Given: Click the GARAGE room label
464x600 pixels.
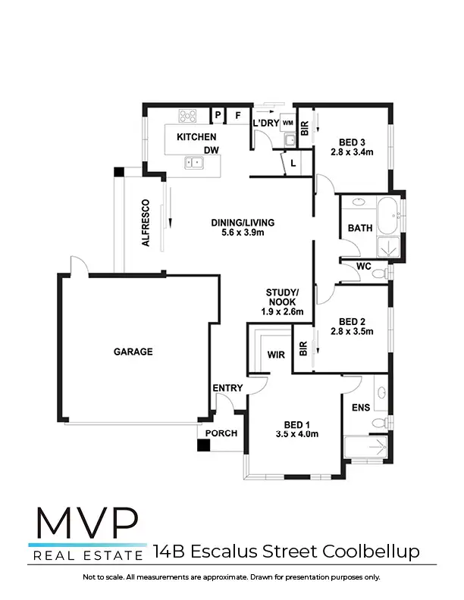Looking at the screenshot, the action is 133,352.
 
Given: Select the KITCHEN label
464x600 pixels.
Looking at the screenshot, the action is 196,137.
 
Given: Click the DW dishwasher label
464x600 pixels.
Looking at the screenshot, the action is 211,150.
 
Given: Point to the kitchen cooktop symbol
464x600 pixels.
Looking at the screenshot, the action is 187,117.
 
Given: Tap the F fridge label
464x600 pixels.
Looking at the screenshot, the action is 237,116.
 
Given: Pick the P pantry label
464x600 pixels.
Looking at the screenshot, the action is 218,116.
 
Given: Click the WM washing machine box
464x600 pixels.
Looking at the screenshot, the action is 288,122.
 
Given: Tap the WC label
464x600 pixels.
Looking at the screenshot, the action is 363,267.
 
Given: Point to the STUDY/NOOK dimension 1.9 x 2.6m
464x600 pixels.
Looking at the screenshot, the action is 283,311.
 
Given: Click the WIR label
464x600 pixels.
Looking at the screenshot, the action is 275,355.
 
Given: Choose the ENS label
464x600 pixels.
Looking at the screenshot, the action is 361,408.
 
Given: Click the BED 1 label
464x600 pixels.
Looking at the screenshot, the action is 296,423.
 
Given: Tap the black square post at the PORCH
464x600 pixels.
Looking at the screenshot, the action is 202,445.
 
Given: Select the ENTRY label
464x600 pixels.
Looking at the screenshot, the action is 227,389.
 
